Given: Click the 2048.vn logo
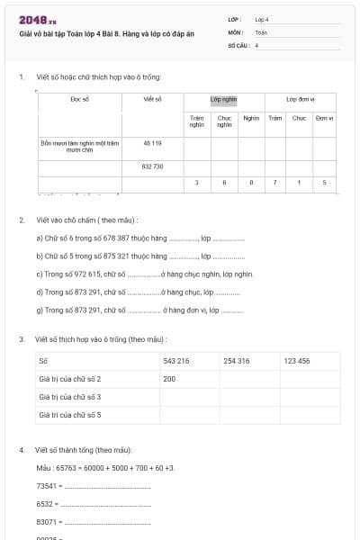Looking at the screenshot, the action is click(x=37, y=19).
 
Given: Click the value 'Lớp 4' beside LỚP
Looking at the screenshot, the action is click(x=262, y=19).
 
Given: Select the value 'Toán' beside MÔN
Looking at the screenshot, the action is click(x=261, y=31).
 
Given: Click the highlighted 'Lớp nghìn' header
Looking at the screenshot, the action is click(x=223, y=100).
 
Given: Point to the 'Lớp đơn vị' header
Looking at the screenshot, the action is click(x=300, y=100).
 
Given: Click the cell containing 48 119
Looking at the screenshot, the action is click(x=152, y=143).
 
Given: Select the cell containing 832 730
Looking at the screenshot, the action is click(x=152, y=166).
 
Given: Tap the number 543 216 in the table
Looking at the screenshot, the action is click(x=176, y=361).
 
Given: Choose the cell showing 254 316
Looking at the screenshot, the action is click(x=237, y=361).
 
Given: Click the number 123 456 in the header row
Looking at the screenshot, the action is click(x=297, y=361).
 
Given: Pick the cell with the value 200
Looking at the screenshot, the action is click(x=169, y=379).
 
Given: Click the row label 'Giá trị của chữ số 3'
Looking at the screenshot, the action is click(x=69, y=397).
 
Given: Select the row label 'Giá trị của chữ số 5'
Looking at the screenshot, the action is click(x=69, y=415).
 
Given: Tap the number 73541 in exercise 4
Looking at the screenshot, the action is click(x=47, y=486).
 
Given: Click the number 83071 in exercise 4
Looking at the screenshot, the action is click(x=47, y=522).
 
